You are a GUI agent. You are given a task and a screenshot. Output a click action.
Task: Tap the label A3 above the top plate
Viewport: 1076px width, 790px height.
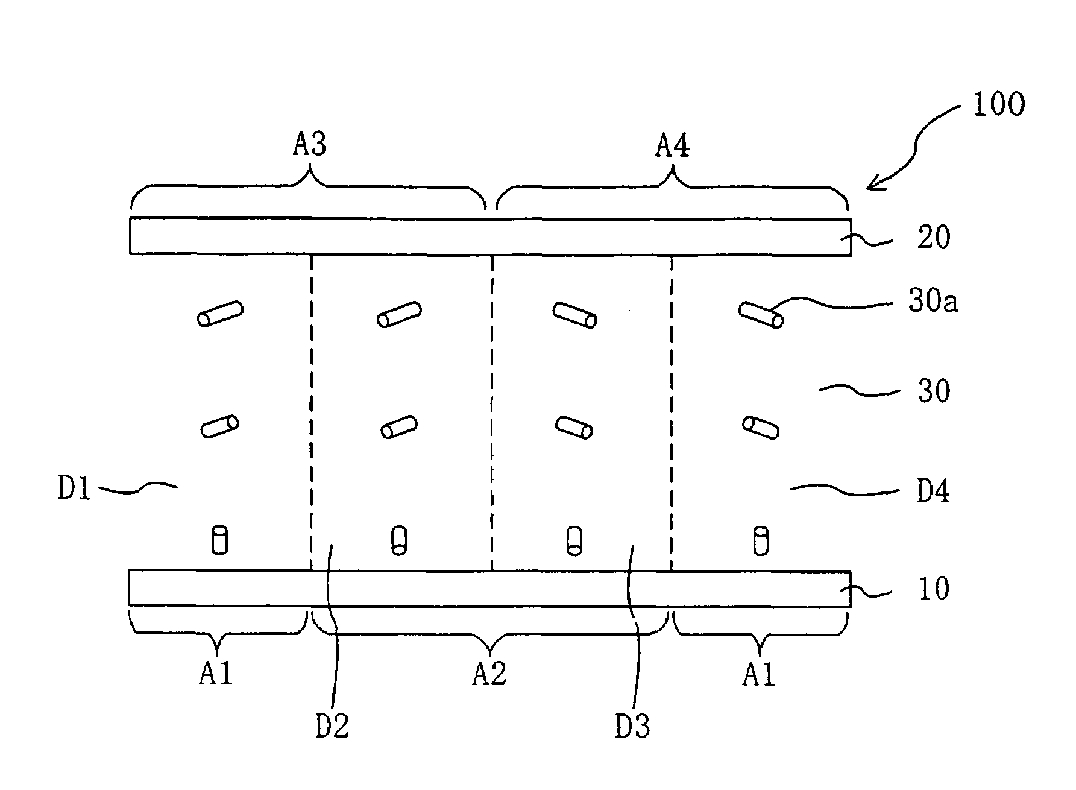tap(310, 146)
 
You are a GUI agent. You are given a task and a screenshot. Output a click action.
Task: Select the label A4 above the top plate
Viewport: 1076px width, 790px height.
tap(672, 146)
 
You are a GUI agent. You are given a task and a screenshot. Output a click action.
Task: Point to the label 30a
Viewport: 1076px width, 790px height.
tap(933, 302)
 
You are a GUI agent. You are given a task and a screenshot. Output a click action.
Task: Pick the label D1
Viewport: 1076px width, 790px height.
tap(74, 488)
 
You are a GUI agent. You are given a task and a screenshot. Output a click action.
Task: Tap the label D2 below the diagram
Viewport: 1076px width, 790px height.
tap(332, 726)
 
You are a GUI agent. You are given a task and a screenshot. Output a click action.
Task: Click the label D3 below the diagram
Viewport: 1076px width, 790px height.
tap(632, 726)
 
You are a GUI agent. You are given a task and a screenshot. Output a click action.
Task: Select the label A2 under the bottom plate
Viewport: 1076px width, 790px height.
tap(489, 674)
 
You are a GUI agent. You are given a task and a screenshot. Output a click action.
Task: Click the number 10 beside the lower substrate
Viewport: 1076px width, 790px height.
tap(934, 588)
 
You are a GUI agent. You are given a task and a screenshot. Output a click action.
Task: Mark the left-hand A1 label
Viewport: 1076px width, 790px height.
tap(216, 674)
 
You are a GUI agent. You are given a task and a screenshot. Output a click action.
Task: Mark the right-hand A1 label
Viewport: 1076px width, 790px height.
tap(758, 674)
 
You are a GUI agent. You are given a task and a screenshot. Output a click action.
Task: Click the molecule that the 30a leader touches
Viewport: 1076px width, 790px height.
tap(761, 314)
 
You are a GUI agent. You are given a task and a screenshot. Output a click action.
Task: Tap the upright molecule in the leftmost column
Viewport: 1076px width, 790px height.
tap(219, 540)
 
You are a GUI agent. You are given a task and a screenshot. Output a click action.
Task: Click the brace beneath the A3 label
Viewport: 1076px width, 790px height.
tap(309, 187)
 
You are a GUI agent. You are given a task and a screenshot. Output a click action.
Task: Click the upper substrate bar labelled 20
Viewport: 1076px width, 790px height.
tap(489, 236)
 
